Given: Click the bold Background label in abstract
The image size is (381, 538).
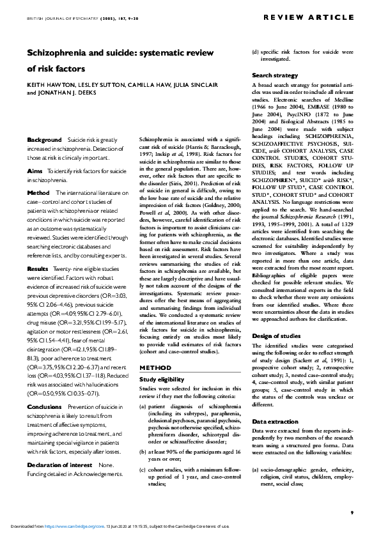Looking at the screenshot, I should tap(44, 139).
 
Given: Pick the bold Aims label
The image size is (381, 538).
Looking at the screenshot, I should tap(35, 172).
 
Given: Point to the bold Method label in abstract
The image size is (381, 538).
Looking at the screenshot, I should tap(38, 192).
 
